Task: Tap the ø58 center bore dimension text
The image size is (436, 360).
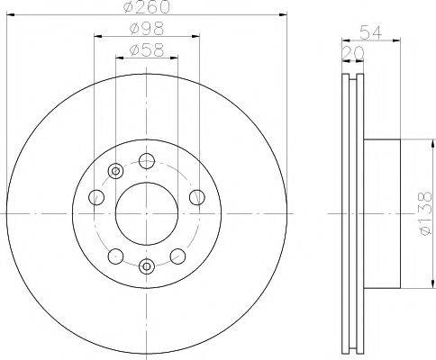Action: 146,49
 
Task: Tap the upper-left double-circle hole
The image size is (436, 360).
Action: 114,172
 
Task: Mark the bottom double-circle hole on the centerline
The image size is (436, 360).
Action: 146,265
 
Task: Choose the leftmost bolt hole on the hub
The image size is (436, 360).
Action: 96,198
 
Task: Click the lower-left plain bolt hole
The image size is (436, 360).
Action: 114,256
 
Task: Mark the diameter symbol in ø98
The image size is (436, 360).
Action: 132,30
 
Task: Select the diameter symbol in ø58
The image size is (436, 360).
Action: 132,49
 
